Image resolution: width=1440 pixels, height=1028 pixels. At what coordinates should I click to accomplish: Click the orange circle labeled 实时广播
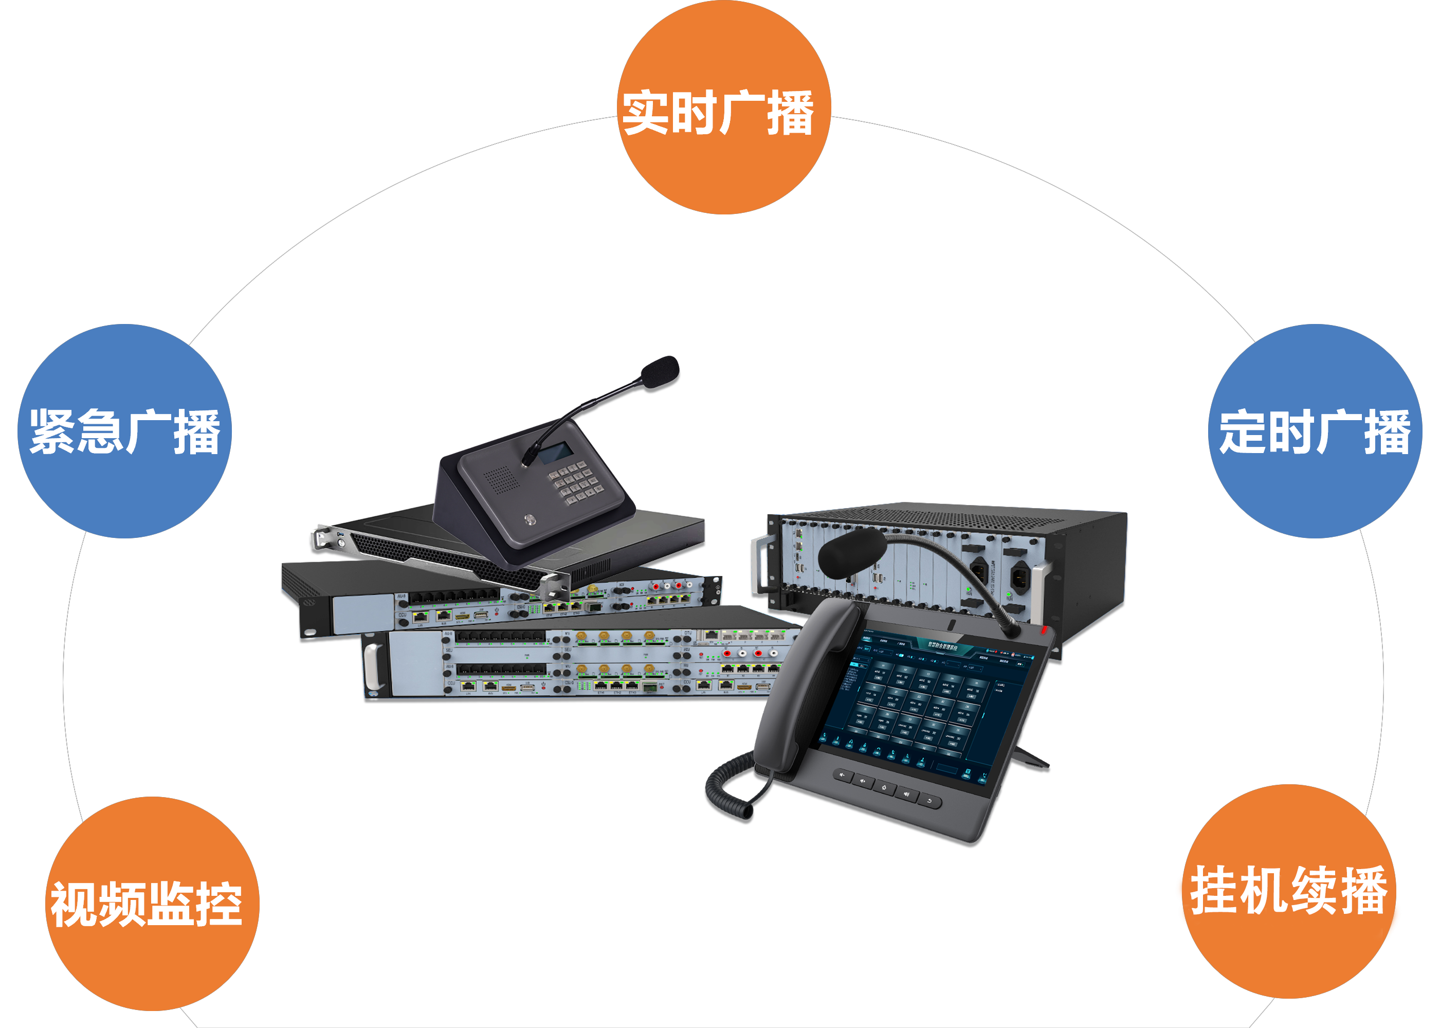tap(723, 107)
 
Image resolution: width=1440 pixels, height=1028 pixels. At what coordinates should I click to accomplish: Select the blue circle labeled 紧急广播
tap(124, 431)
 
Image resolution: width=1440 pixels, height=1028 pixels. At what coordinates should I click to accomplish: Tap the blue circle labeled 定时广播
tap(1315, 431)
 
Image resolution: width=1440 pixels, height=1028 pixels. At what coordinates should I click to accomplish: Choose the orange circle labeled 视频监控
tap(152, 904)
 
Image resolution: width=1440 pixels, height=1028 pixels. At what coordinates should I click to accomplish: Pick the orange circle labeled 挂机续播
tap(1288, 891)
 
